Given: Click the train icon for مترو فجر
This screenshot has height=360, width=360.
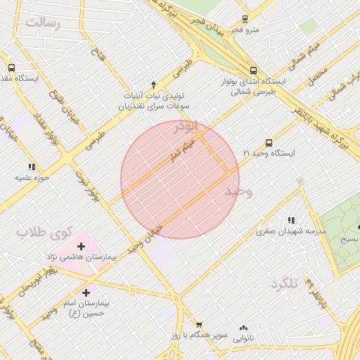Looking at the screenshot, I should [x=245, y=19].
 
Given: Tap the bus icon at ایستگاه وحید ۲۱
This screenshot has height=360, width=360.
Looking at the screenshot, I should [x=269, y=143].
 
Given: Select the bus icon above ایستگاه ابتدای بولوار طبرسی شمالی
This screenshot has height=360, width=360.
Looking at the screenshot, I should [x=253, y=70].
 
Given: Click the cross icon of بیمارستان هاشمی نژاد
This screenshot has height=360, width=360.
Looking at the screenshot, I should [x=82, y=246].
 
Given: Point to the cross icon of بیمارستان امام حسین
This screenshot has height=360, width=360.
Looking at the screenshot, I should [x=86, y=292].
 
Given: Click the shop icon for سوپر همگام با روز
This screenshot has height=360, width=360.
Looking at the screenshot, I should [x=199, y=325].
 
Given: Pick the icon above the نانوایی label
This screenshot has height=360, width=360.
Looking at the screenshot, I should [x=243, y=327].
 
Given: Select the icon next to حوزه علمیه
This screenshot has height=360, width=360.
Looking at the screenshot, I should [x=32, y=167].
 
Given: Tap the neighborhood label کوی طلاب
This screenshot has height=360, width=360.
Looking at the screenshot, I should [x=45, y=231].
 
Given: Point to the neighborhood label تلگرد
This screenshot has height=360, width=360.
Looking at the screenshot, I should [x=284, y=283].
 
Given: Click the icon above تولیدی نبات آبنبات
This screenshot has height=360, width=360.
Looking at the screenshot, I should [x=154, y=83].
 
